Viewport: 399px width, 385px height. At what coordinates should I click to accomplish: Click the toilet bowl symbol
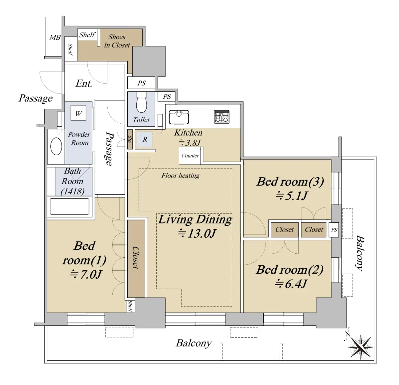(141, 102)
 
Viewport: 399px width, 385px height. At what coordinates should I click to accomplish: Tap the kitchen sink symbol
(179, 117)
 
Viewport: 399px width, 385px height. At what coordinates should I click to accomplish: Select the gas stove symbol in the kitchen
(222, 117)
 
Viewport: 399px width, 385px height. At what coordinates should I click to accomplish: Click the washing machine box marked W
(78, 113)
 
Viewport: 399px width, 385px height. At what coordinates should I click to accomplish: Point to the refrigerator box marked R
(145, 139)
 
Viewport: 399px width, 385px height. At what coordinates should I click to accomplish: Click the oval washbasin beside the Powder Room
(56, 146)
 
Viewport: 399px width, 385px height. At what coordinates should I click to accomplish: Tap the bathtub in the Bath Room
(69, 206)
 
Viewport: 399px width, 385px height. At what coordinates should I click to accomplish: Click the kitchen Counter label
(190, 156)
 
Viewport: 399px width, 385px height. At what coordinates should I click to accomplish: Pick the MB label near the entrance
(55, 37)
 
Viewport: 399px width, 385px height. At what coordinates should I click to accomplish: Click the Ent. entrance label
(84, 83)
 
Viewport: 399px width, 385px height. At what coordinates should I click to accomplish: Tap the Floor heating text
(181, 176)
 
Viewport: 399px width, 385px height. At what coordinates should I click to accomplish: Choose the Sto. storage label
(130, 139)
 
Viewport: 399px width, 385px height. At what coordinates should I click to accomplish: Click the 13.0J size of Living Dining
(197, 233)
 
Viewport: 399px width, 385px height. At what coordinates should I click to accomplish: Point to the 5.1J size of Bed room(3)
(291, 195)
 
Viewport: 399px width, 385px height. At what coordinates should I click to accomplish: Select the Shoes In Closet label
(117, 41)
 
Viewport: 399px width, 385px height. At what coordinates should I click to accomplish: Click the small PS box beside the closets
(334, 230)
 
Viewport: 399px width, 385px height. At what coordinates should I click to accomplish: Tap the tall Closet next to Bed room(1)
(136, 259)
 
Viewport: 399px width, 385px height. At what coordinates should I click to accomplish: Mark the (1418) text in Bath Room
(72, 191)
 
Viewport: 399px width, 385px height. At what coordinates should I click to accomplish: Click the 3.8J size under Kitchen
(190, 143)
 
